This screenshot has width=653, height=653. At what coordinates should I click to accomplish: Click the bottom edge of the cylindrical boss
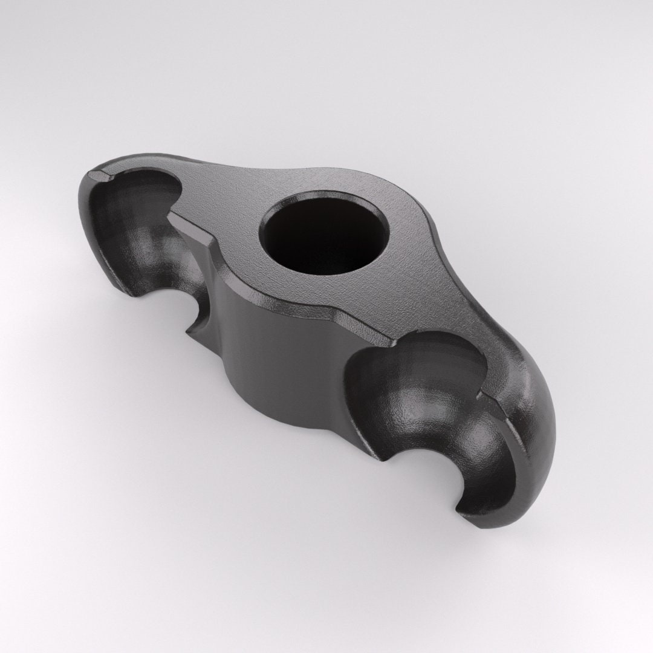point(290,417)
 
